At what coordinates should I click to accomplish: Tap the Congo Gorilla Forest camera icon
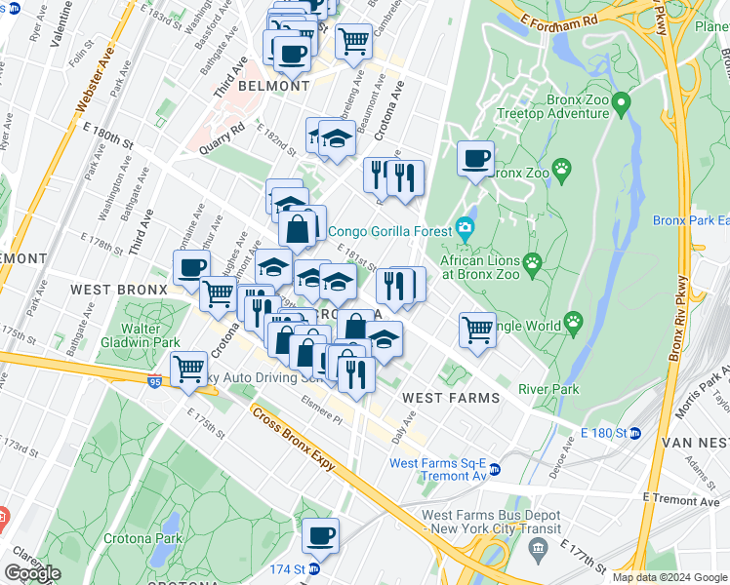pyautogui.click(x=465, y=231)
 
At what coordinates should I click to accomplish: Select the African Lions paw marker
pyautogui.click(x=532, y=261)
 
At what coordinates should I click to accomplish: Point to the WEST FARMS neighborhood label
pyautogui.click(x=451, y=398)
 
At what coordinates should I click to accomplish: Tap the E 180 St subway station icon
pyautogui.click(x=633, y=433)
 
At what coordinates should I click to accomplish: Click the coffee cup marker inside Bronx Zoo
pyautogui.click(x=475, y=159)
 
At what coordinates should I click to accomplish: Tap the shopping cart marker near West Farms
pyautogui.click(x=477, y=331)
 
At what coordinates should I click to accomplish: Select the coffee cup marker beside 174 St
pyautogui.click(x=320, y=535)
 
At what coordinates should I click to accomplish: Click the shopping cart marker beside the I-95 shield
pyautogui.click(x=188, y=370)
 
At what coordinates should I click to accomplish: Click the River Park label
pyautogui.click(x=548, y=389)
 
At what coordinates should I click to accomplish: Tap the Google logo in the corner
pyautogui.click(x=32, y=573)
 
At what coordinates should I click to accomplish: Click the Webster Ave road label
pyautogui.click(x=97, y=76)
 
